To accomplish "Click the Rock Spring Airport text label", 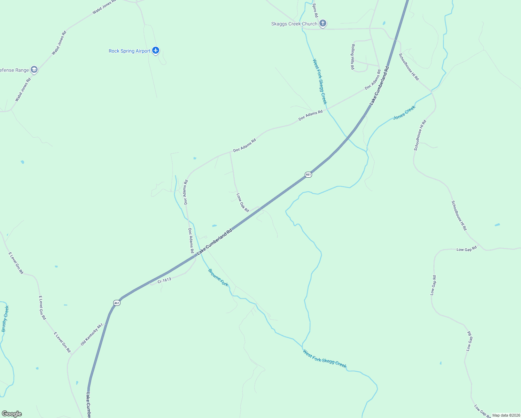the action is pyautogui.click(x=129, y=51).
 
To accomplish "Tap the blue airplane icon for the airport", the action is pyautogui.click(x=156, y=51).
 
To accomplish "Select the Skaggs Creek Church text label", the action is pyautogui.click(x=294, y=24).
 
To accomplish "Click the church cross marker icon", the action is pyautogui.click(x=323, y=23).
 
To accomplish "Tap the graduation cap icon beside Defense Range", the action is pyautogui.click(x=34, y=70).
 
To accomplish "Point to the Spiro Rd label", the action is pyautogui.click(x=315, y=10).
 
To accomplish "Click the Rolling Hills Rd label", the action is pyautogui.click(x=353, y=57).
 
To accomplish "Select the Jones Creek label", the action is pyautogui.click(x=404, y=113).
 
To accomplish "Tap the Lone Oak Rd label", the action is pyautogui.click(x=243, y=203).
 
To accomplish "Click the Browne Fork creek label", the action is pyautogui.click(x=218, y=277).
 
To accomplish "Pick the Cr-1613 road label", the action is pyautogui.click(x=164, y=280).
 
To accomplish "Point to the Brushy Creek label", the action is pyautogui.click(x=5, y=319).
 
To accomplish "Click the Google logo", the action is pyautogui.click(x=11, y=414).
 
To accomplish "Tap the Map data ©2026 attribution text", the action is pyautogui.click(x=506, y=415).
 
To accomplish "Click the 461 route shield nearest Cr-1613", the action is pyautogui.click(x=117, y=303).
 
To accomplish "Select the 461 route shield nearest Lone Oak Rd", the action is pyautogui.click(x=308, y=175).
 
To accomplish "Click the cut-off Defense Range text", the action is pyautogui.click(x=14, y=70).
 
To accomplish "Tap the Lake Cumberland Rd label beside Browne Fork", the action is pyautogui.click(x=215, y=242).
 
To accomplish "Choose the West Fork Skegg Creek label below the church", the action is pyautogui.click(x=320, y=82).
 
